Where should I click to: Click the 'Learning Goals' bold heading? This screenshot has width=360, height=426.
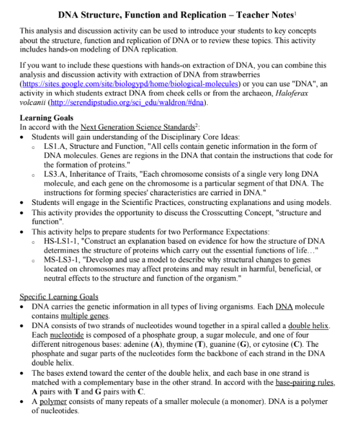tap(46, 118)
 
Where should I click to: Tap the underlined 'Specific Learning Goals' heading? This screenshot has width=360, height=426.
tap(59, 296)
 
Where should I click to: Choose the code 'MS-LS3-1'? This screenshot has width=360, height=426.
tap(63, 259)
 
